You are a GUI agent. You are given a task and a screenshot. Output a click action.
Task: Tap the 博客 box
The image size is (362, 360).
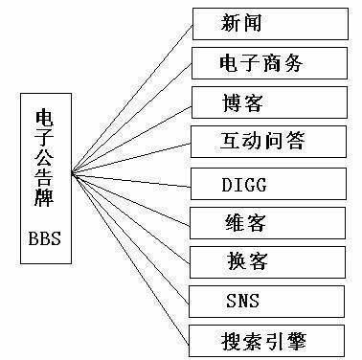[259, 102]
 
